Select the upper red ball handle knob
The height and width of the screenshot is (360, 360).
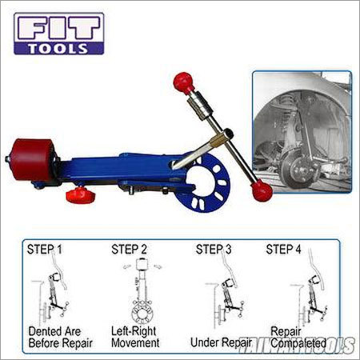pyautogui.click(x=183, y=82)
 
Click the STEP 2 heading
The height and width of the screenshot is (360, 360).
pyautogui.click(x=131, y=250)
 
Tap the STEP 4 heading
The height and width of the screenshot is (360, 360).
pyautogui.click(x=286, y=250)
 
